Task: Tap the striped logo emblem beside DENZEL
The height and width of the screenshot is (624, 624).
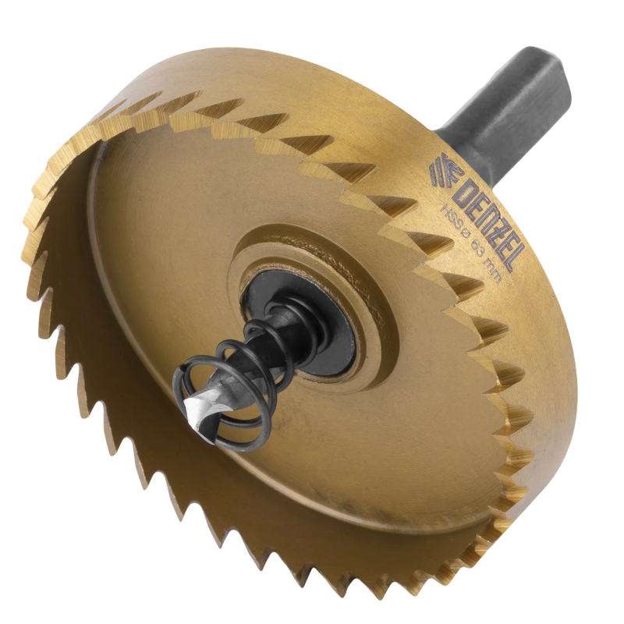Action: click(x=441, y=172)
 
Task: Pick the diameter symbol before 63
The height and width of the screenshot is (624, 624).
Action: click(x=463, y=232)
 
